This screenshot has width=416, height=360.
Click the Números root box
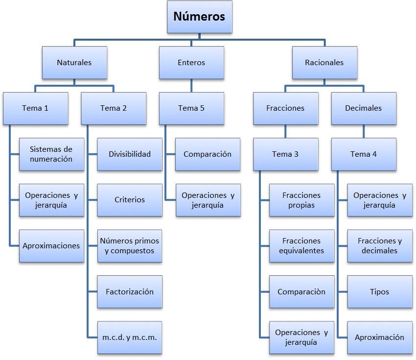coord(199,17)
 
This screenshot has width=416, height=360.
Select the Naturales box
coord(74,63)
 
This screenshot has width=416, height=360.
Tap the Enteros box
coord(191,63)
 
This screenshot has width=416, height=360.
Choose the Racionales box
coord(324,63)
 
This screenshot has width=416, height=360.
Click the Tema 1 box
coord(35,108)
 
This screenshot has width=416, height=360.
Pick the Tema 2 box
coord(114,108)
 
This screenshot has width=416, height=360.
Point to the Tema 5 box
coord(191,108)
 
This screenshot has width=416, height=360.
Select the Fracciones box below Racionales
coord(285,108)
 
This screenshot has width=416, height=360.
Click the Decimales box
coord(363,108)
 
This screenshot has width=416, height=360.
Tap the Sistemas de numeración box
coord(51,154)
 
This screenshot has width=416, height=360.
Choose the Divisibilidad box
coord(130,154)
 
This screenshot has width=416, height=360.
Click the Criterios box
coord(130,200)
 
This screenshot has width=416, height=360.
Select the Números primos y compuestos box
coord(130,246)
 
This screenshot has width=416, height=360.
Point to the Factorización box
coord(130,292)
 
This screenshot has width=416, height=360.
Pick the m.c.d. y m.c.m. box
coord(130,337)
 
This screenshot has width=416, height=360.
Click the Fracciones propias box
coord(301,200)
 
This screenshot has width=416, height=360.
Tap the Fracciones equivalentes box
coord(301,246)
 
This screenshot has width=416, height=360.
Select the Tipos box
coord(380,292)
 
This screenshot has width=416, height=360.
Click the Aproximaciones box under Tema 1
coord(51,246)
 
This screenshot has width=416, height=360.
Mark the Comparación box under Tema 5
coord(208,154)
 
